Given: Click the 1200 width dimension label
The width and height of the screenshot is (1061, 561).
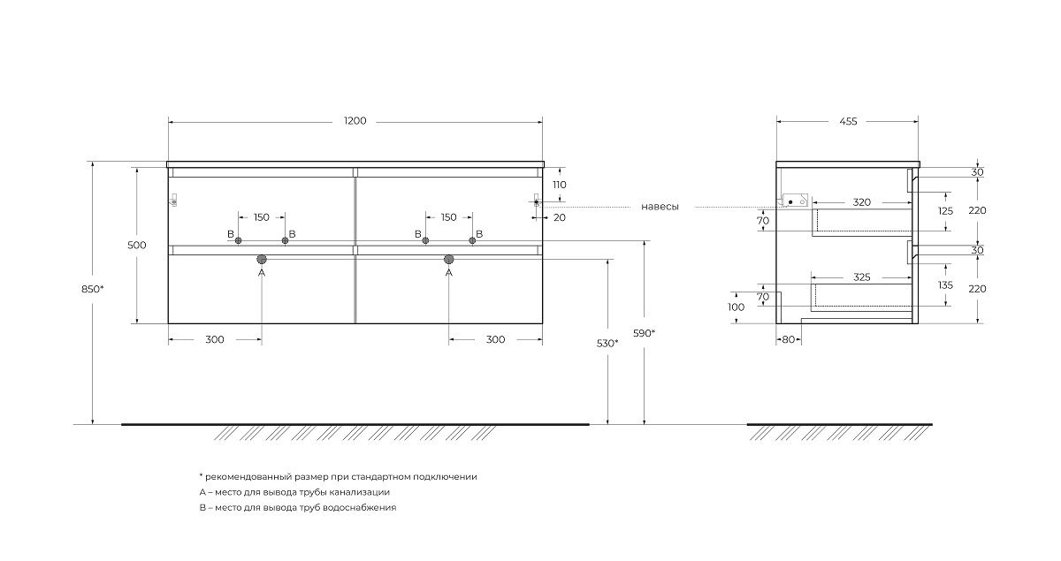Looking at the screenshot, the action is tap(355, 121).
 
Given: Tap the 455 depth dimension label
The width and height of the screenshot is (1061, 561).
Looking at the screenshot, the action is tap(848, 122).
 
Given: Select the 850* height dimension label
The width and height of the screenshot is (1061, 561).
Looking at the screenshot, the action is tap(92, 289).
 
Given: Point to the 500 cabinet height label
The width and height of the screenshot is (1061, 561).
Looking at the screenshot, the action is tap(137, 246).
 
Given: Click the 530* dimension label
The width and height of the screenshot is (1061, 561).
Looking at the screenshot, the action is tap(607, 344).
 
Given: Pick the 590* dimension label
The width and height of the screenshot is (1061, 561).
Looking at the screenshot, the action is tap(645, 333).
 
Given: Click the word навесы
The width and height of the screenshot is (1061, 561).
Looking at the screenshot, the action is tap(660, 207).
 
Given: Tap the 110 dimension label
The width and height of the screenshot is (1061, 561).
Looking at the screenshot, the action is tap(560, 185).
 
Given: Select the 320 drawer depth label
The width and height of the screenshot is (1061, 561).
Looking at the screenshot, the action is tap(861, 202).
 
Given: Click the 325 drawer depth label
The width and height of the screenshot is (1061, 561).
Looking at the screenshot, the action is tap(861, 277).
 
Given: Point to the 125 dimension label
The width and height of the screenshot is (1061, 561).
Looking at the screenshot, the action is tap(945, 211).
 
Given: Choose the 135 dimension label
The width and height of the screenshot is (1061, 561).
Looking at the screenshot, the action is tap(945, 285).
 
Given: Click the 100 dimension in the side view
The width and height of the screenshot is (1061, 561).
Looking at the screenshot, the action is tap(736, 307).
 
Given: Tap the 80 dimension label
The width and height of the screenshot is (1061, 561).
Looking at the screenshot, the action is tap(788, 339).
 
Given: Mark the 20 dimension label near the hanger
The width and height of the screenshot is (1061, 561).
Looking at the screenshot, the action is tap(560, 217).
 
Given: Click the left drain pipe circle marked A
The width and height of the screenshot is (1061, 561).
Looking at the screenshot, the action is tap(262, 259).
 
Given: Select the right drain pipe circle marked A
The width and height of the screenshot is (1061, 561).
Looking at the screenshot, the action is tap(448, 259).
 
